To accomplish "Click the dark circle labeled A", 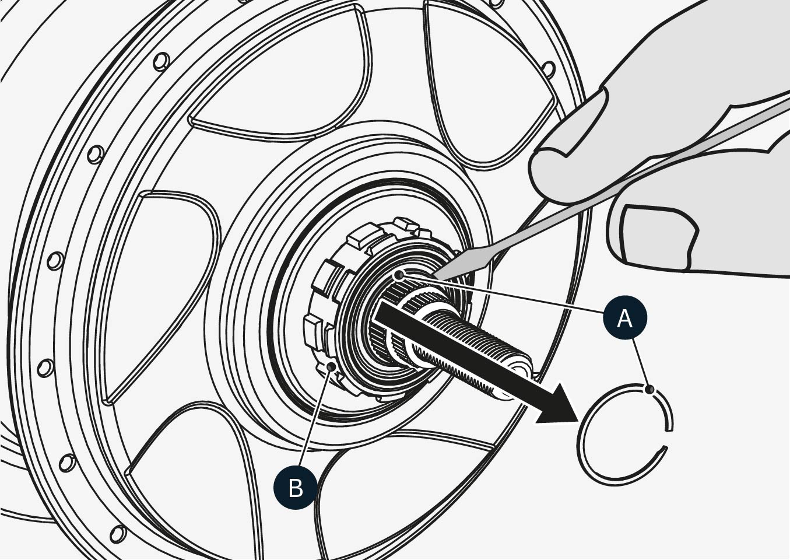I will click(624, 318).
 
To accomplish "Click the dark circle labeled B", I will click(296, 487).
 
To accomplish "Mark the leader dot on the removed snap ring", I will click(651, 389).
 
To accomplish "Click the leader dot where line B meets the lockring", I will click(333, 366).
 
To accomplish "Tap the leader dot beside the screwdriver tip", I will click(399, 274).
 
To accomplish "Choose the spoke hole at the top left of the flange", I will click(162, 60).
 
